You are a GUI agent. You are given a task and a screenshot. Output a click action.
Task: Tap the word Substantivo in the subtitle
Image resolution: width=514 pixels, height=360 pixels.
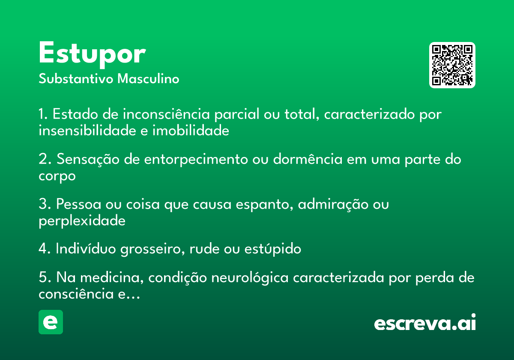(76, 79)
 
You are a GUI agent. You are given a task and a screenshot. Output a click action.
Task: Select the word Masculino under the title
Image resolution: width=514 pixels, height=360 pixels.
(148, 79)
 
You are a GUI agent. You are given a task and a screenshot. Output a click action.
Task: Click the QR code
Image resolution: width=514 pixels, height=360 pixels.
(452, 65)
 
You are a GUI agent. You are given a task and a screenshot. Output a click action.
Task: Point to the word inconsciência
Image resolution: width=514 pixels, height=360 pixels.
(166, 114)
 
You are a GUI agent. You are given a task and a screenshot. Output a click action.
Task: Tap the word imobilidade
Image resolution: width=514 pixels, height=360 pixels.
(191, 131)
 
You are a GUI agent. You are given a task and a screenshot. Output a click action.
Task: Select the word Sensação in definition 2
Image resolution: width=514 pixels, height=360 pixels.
(88, 159)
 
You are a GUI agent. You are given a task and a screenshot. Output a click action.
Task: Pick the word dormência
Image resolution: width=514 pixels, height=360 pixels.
(308, 159)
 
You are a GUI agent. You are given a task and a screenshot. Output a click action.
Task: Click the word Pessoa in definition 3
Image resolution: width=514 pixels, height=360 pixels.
(79, 204)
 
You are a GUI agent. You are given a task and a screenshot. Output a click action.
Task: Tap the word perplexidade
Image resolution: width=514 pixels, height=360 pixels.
(82, 221)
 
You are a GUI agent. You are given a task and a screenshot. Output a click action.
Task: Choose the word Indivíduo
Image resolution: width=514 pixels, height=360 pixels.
(86, 249)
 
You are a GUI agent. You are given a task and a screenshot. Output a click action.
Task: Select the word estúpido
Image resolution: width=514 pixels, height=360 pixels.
(273, 249)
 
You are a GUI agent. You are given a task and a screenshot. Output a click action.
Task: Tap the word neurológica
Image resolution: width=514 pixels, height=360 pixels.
(250, 278)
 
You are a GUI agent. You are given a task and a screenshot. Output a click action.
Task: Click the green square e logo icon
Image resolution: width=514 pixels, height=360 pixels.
(51, 322)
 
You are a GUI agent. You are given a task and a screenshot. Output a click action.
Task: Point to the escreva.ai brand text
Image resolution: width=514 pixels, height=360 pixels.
(425, 322)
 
